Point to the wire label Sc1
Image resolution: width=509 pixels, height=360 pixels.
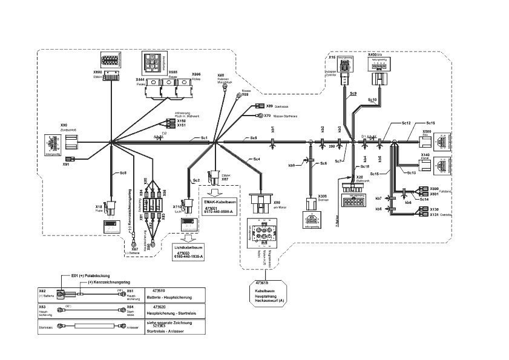[x=205, y=139]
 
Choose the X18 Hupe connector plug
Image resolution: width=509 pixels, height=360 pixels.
[x=112, y=208]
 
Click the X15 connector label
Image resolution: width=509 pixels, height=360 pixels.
[x=332, y=57]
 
